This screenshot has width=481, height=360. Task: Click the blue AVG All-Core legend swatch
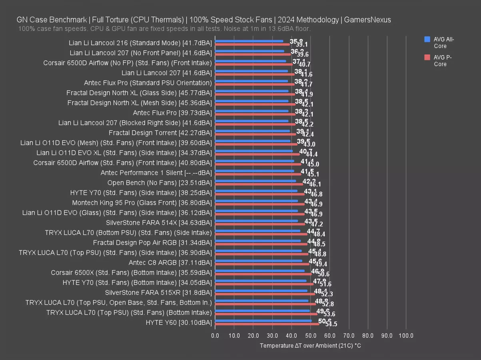[x=427, y=39]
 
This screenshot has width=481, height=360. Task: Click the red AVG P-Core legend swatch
[x=427, y=57]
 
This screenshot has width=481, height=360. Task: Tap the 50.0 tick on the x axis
[x=311, y=335]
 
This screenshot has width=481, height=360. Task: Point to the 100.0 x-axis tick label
[x=406, y=335]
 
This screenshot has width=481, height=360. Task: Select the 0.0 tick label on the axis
[x=215, y=335]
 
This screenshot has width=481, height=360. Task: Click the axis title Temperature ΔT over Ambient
[x=310, y=345]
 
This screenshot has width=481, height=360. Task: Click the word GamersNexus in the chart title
[x=367, y=20]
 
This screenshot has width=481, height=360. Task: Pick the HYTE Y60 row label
[x=178, y=322]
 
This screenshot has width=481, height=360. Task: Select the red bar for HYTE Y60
[x=267, y=324]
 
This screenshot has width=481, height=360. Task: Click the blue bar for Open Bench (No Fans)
[x=255, y=181]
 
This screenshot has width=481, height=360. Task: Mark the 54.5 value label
[x=331, y=324]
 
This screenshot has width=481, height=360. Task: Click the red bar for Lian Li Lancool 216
[x=252, y=44]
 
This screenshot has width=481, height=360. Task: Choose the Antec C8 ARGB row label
[x=170, y=262]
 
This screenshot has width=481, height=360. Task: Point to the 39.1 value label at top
[x=301, y=45]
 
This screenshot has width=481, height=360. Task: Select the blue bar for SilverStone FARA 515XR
[x=261, y=291]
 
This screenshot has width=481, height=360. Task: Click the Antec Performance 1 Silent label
[x=156, y=172]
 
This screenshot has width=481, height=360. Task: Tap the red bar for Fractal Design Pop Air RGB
[x=261, y=244]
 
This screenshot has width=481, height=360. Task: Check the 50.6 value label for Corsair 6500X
[x=323, y=274]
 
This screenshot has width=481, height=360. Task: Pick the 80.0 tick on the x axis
[x=368, y=335]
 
